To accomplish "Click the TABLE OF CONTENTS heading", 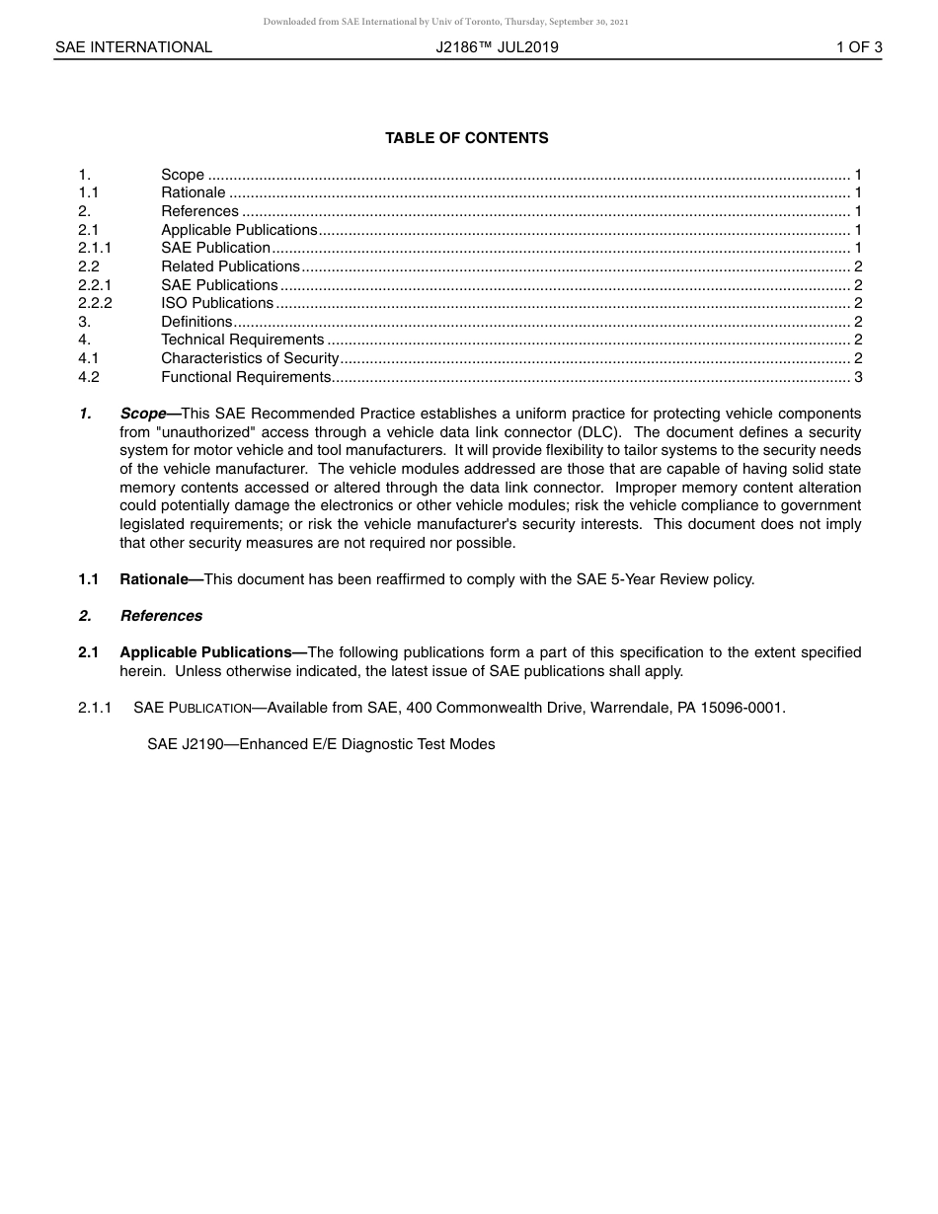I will coord(466,138).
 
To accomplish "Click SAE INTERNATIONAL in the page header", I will coord(133,47).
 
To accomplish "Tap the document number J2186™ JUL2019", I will coord(497,47).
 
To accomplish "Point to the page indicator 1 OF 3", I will coord(858,47).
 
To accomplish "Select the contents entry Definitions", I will coord(196,322).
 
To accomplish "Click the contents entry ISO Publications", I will coord(217,303).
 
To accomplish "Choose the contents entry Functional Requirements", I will coord(246,377).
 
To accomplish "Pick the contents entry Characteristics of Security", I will coord(250,358).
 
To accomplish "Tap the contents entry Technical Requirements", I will coord(242,341).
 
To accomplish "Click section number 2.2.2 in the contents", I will coord(95,303).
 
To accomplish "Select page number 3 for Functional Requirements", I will coord(858,377).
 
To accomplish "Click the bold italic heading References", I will coord(161,616).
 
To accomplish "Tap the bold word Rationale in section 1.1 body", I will coord(154,579).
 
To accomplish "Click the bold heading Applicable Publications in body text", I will coord(206,652).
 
